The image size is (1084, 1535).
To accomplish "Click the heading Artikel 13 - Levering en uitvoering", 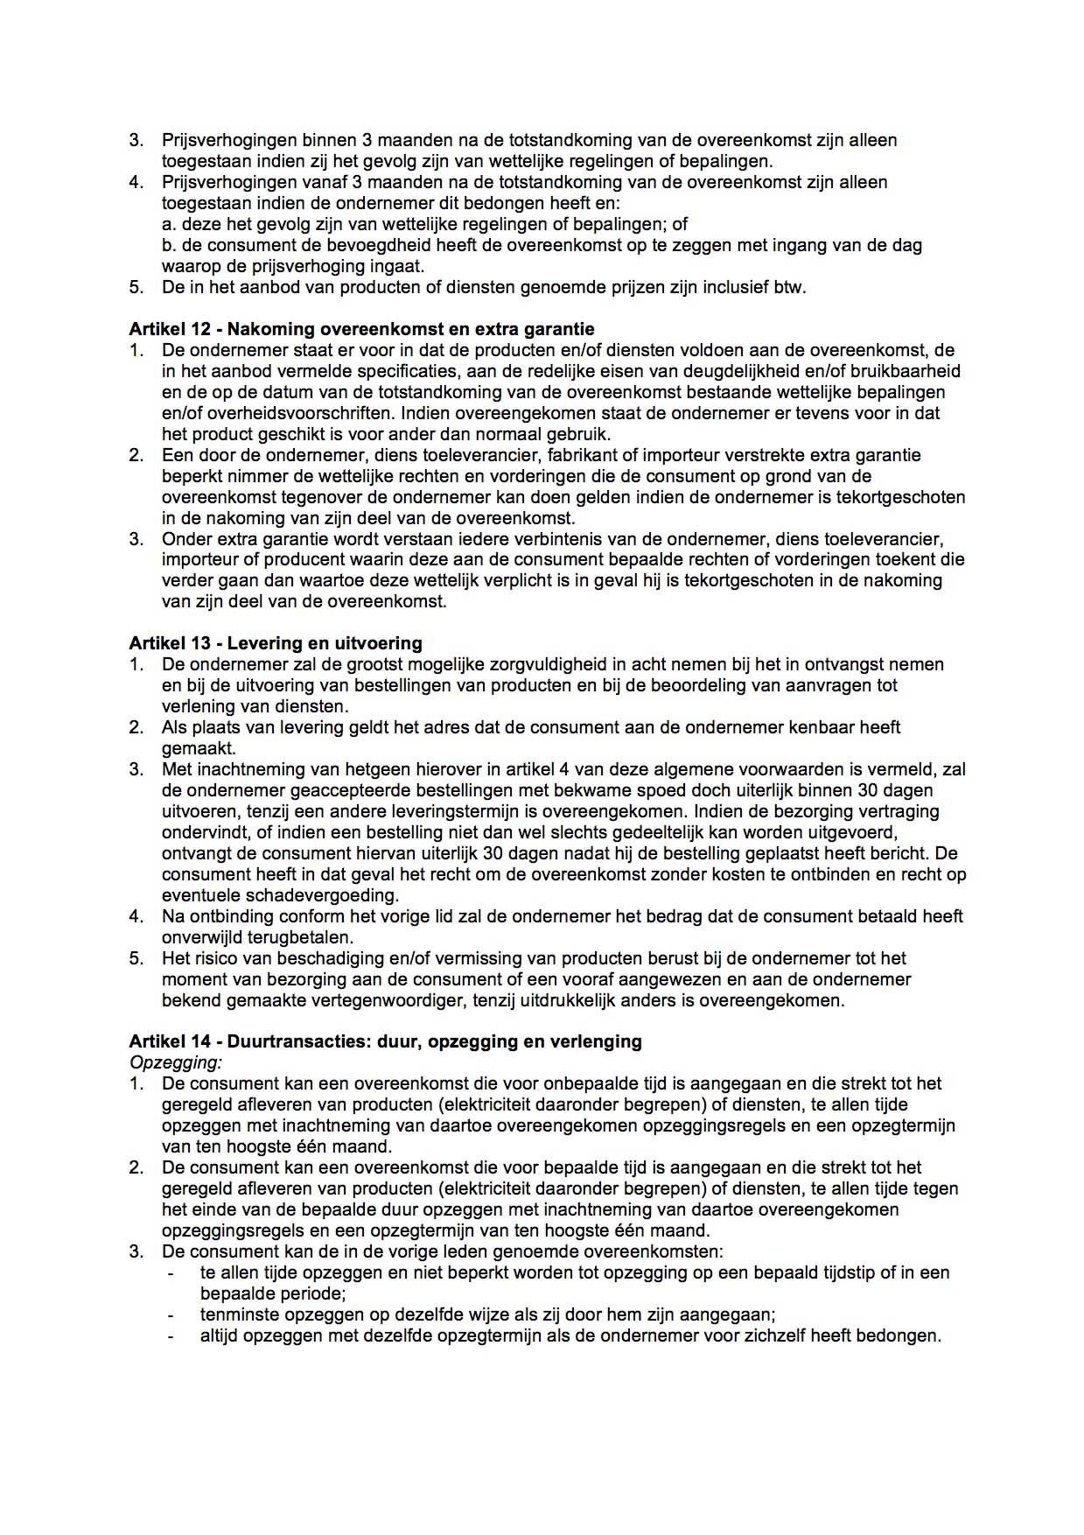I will click(275, 643).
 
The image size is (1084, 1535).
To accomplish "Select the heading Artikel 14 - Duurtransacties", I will click(385, 1041).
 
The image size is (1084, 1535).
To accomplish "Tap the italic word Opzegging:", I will click(175, 1062).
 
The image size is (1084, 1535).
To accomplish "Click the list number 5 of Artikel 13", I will click(136, 958).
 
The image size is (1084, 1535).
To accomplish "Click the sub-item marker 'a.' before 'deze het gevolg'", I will click(169, 224).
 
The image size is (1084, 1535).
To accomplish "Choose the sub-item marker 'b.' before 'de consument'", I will click(170, 245).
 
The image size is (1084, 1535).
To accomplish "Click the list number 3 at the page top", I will click(136, 140).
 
